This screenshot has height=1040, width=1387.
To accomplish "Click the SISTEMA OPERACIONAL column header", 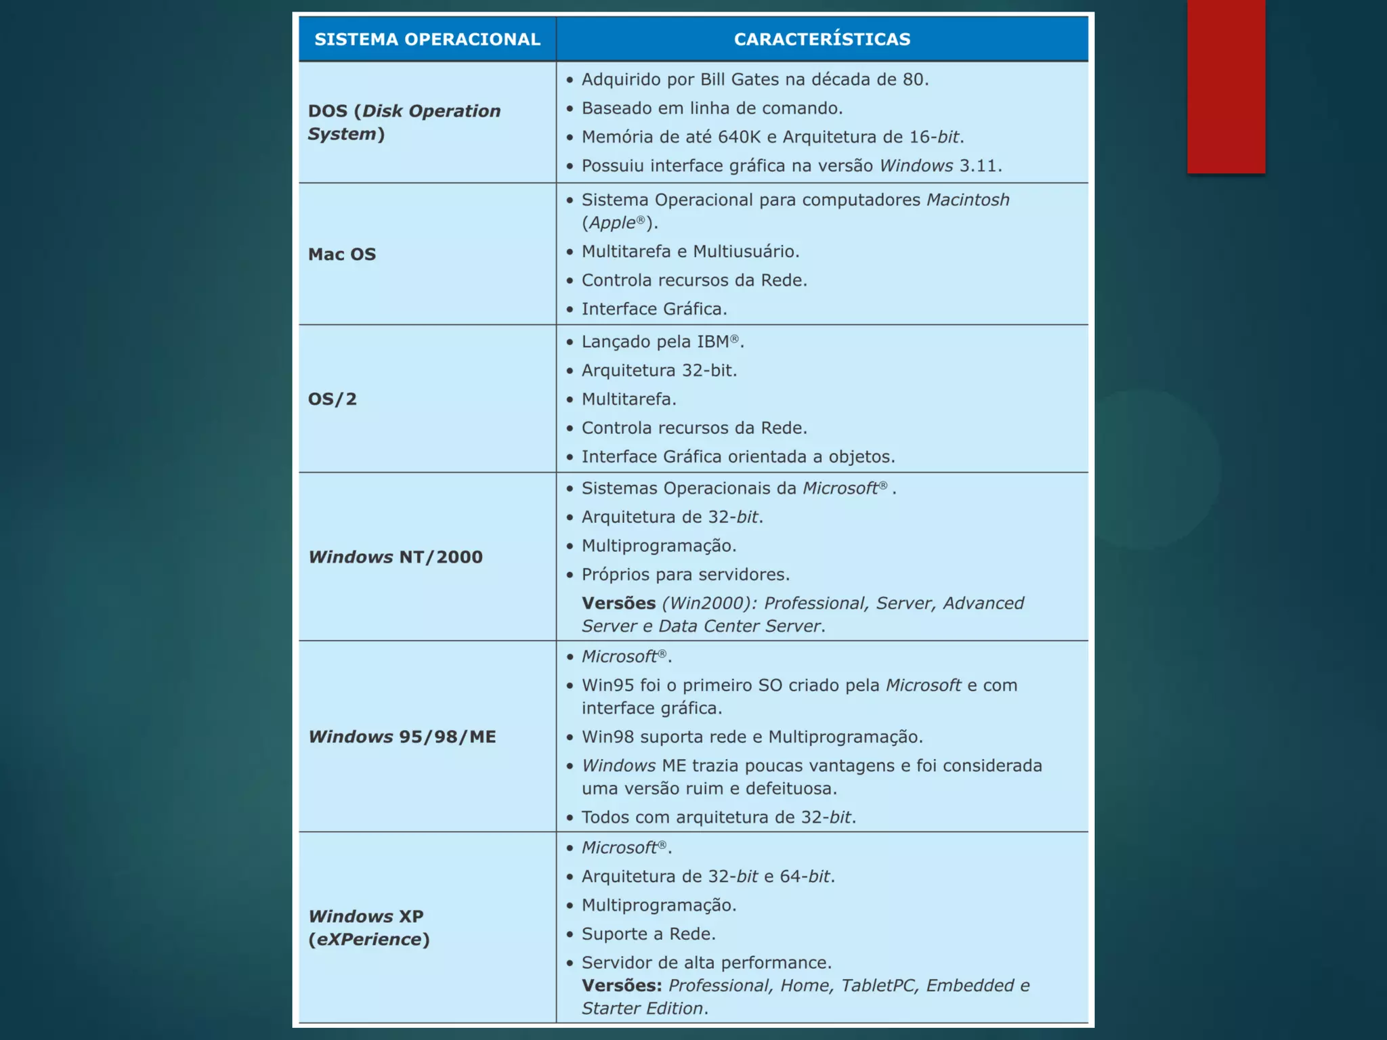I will pos(427,39).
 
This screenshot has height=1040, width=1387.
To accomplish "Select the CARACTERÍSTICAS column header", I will pos(821,39).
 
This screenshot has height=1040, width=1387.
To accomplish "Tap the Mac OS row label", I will pos(342,255).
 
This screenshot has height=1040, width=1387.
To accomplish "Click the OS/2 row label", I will pos(333,399).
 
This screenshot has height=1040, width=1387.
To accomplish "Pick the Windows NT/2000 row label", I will pos(396,557).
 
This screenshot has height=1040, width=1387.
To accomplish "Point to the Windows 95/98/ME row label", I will pos(402,737).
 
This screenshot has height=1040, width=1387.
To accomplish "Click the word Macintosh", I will pos(968,200).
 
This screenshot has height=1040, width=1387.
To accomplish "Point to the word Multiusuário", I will pos(745,252).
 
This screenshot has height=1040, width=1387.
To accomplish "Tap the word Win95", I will pos(607,685).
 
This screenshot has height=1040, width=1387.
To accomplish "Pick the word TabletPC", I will pos(878,986).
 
